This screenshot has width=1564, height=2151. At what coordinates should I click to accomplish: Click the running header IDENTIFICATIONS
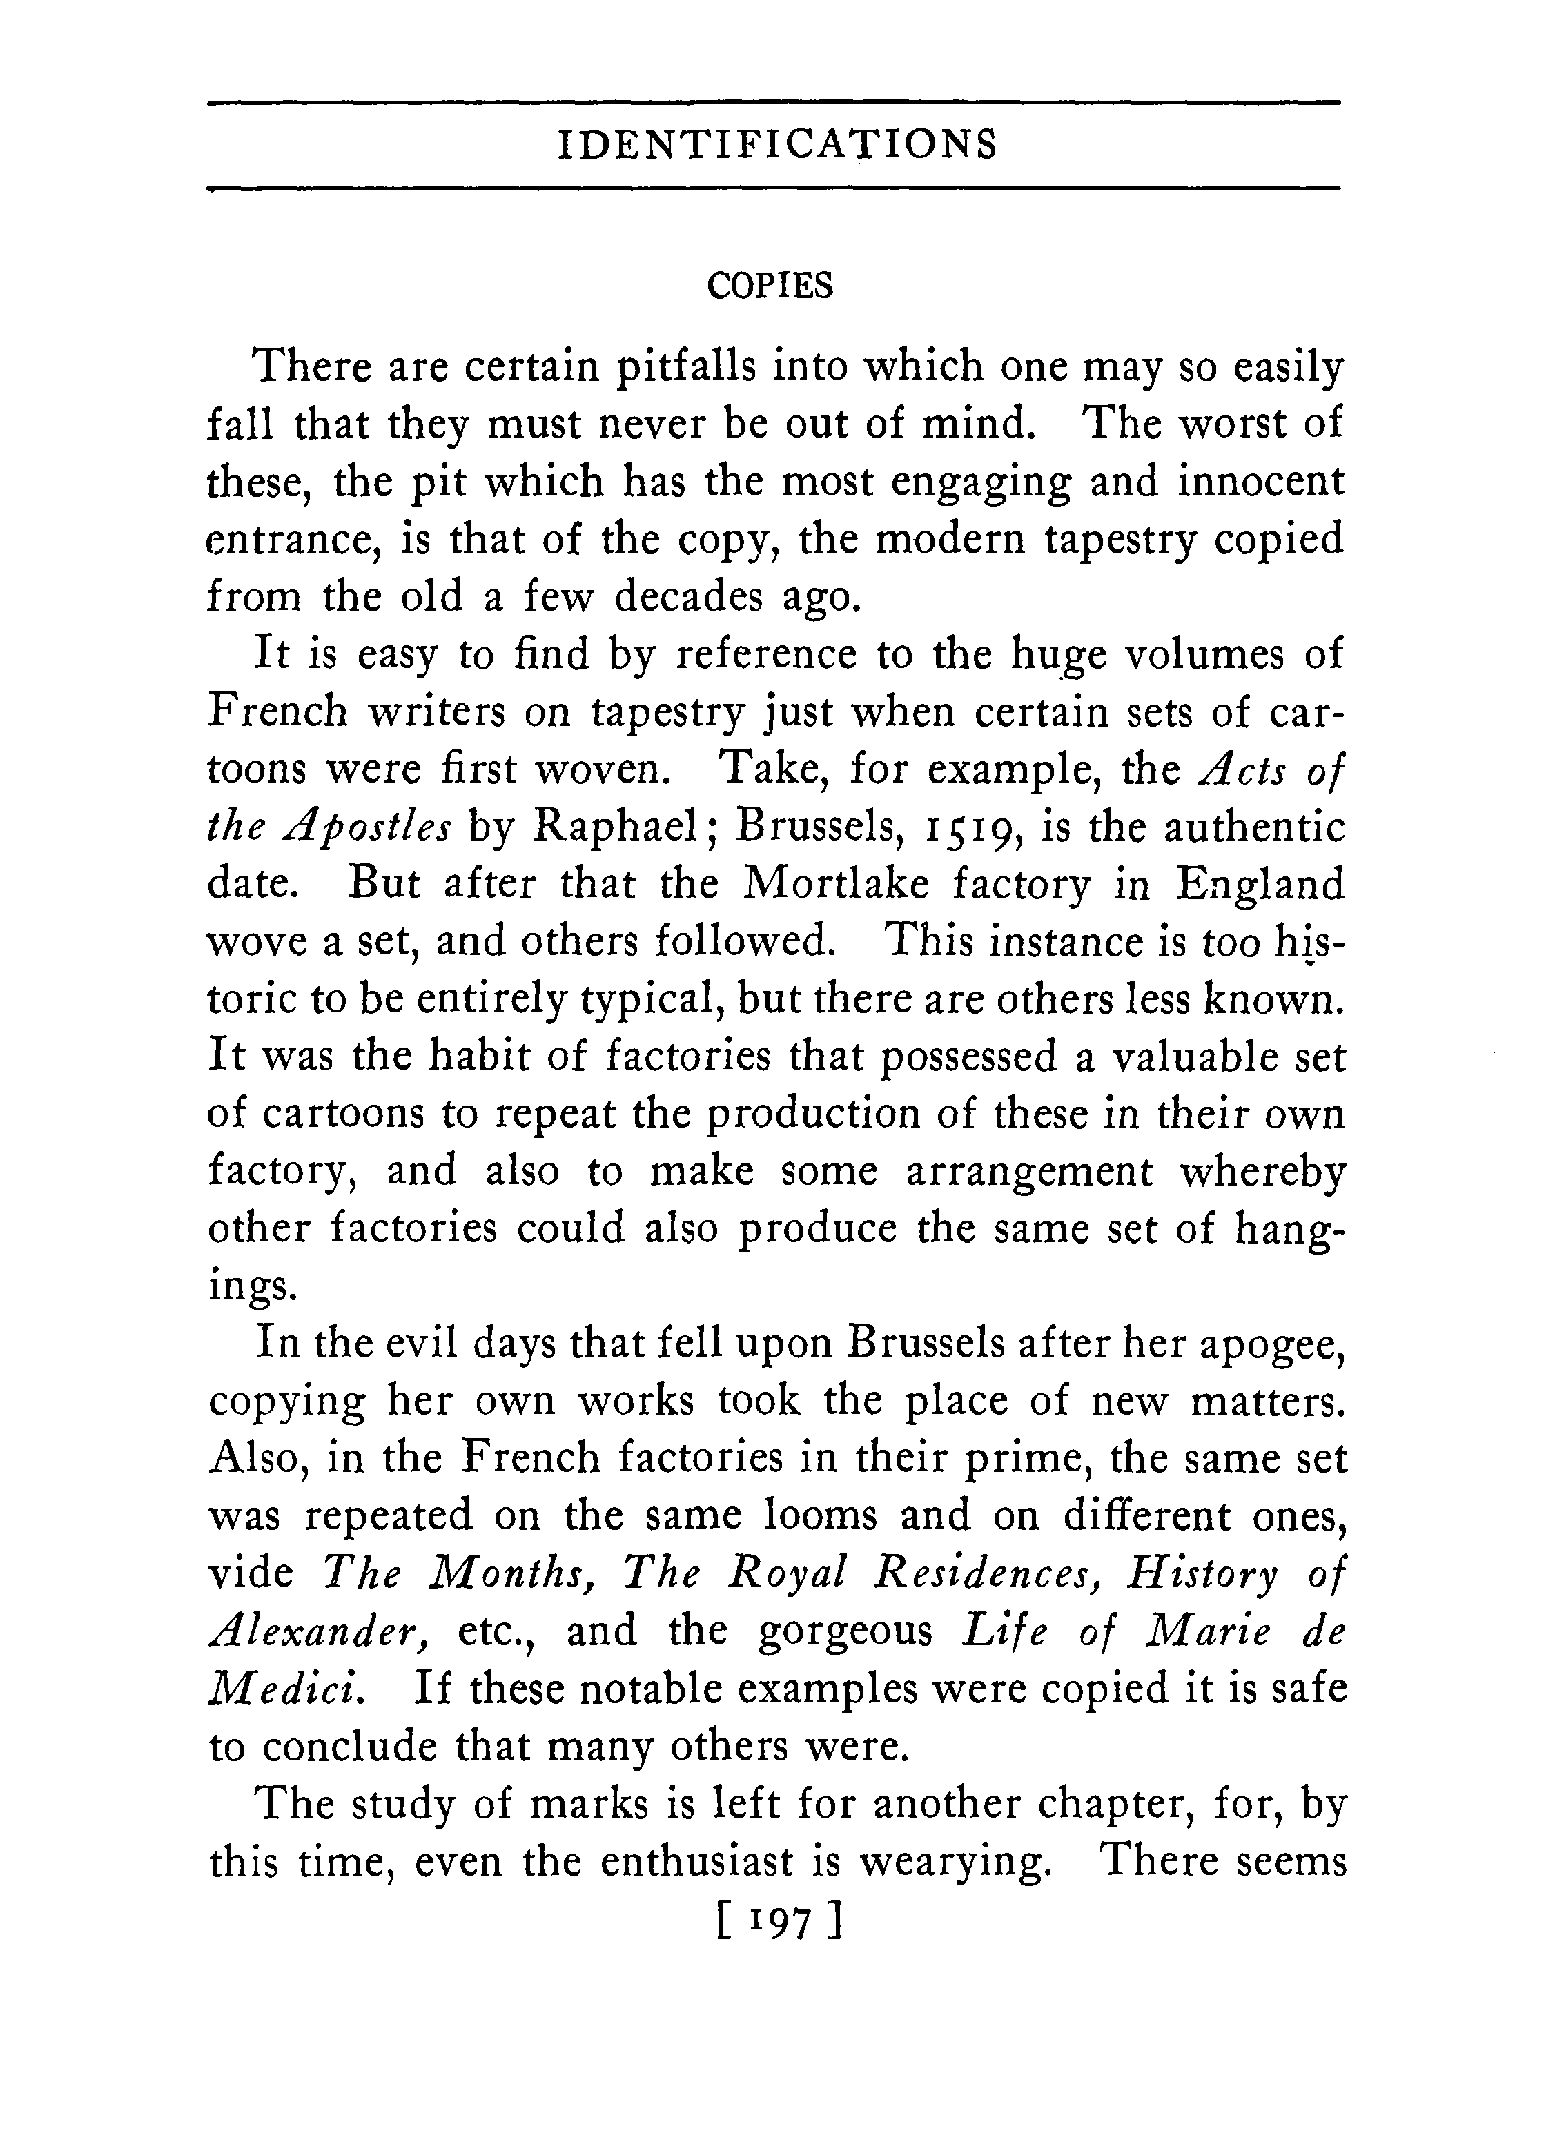click(x=776, y=144)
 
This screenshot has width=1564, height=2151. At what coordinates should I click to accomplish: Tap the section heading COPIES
click(x=770, y=286)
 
